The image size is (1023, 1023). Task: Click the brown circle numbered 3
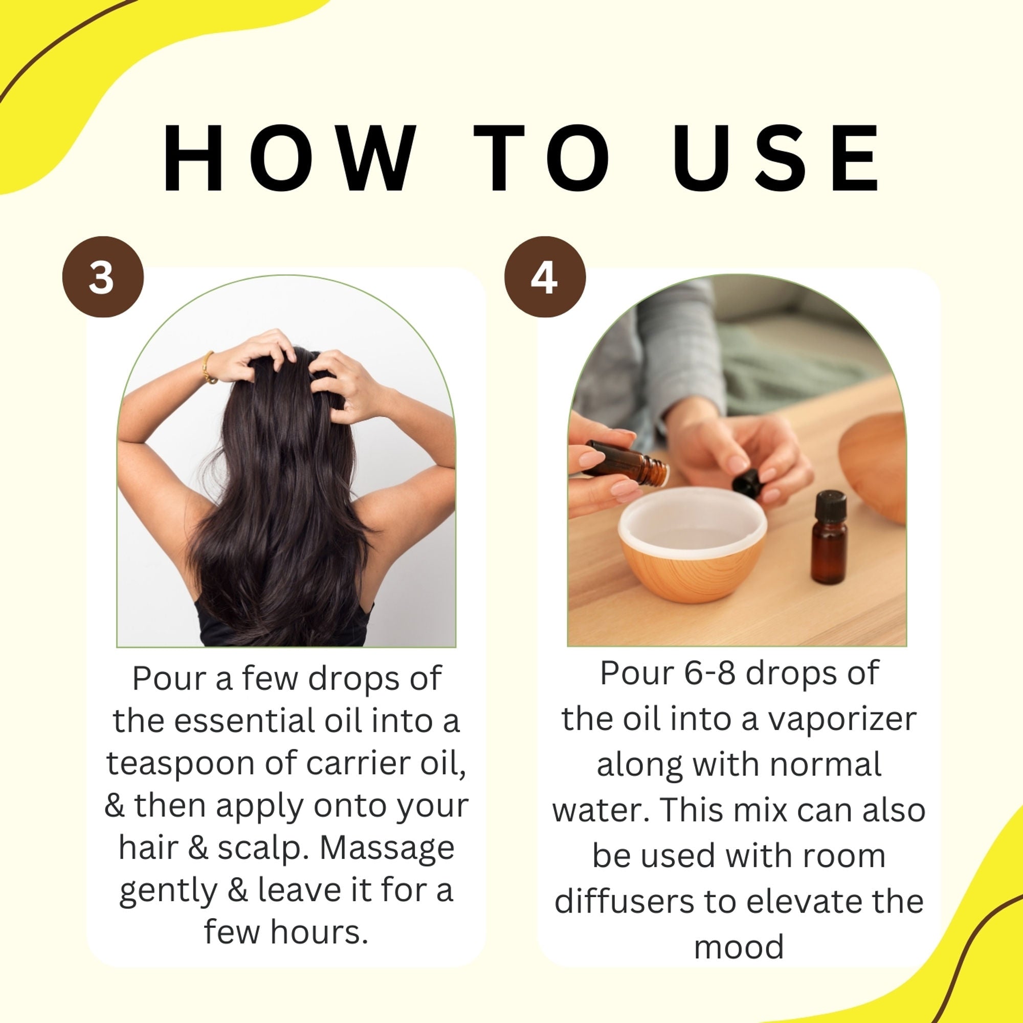tap(102, 276)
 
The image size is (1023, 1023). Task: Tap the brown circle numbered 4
tap(544, 276)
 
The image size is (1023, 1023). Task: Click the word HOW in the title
tap(290, 159)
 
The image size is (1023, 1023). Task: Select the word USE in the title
tap(774, 159)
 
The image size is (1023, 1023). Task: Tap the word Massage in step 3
tap(387, 848)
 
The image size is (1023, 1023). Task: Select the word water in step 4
tap(602, 810)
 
